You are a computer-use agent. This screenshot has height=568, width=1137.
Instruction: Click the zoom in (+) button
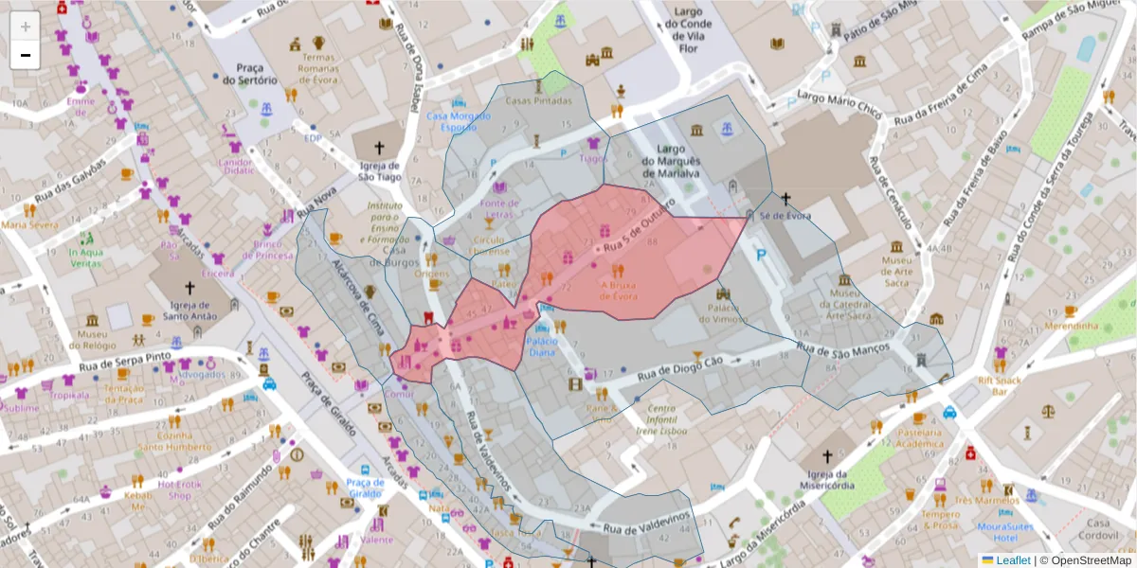click(26, 27)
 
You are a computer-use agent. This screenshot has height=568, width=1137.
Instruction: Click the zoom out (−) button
click(26, 55)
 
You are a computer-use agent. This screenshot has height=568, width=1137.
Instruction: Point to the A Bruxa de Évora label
click(617, 289)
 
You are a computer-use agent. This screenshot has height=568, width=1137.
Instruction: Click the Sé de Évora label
click(785, 215)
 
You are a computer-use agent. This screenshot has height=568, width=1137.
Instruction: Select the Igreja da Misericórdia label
click(826, 480)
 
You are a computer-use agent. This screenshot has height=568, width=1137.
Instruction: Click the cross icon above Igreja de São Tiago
click(380, 148)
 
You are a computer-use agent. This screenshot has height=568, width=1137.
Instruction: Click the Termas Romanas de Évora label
click(318, 68)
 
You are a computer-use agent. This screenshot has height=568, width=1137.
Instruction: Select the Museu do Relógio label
click(93, 340)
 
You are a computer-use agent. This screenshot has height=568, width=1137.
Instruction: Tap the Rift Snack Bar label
click(1000, 386)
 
